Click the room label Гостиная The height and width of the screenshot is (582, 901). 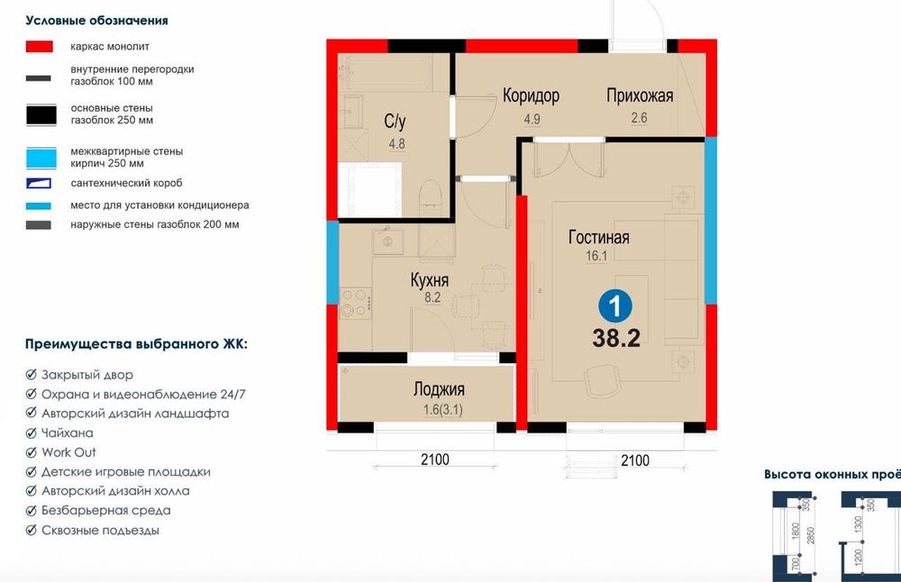pyautogui.click(x=598, y=238)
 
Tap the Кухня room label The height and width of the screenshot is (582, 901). pyautogui.click(x=430, y=281)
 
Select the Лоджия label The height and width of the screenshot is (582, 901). pyautogui.click(x=439, y=389)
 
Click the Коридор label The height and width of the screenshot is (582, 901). pyautogui.click(x=531, y=95)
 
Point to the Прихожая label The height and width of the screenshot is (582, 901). pyautogui.click(x=640, y=95)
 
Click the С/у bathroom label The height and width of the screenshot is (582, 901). pyautogui.click(x=395, y=121)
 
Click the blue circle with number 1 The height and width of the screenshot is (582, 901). pyautogui.click(x=615, y=306)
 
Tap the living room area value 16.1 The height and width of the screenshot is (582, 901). pyautogui.click(x=597, y=256)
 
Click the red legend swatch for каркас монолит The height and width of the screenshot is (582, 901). pyautogui.click(x=41, y=46)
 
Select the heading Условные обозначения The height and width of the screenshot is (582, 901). pyautogui.click(x=96, y=20)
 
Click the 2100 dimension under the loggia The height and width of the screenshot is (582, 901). pyautogui.click(x=434, y=460)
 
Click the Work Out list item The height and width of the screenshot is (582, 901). pyautogui.click(x=68, y=452)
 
